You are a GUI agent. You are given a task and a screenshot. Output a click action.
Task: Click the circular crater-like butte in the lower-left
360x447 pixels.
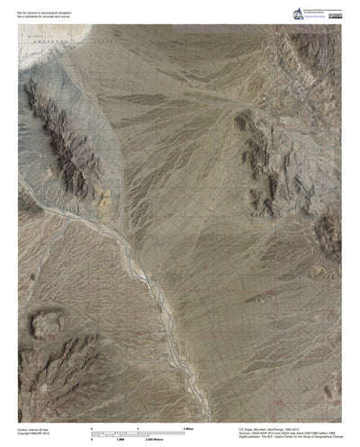47,322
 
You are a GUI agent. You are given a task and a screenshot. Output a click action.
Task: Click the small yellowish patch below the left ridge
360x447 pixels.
105,195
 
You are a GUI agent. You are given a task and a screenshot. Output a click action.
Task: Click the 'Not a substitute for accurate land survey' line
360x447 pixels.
43,13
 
